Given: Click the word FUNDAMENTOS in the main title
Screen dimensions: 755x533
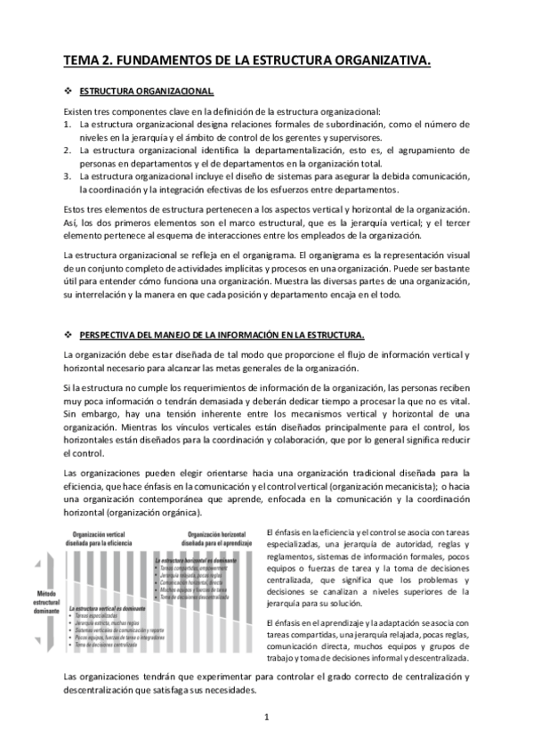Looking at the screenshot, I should click(x=160, y=60).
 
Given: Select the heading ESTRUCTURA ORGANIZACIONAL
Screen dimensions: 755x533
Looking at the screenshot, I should click(x=145, y=92).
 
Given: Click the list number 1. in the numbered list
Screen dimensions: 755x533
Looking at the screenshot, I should click(x=68, y=125).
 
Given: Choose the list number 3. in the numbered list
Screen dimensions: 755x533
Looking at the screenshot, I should click(x=68, y=176).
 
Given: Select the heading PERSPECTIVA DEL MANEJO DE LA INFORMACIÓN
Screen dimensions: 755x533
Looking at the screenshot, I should click(x=222, y=335).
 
